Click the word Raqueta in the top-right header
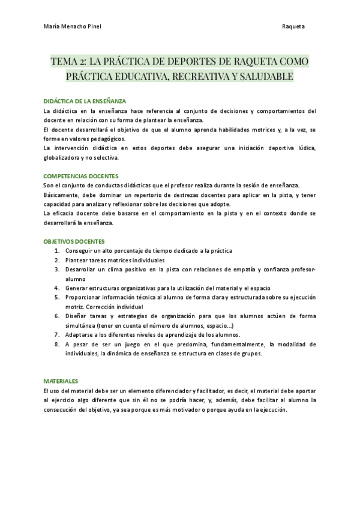(x=293, y=27)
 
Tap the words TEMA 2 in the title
(x=68, y=62)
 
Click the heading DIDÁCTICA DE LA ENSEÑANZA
(x=85, y=101)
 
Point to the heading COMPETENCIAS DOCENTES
(x=81, y=176)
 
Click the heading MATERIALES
(x=61, y=381)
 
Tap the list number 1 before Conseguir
(x=56, y=250)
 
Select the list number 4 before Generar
(x=56, y=288)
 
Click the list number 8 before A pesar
(x=56, y=344)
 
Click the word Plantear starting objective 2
(x=79, y=260)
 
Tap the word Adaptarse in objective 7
(x=82, y=334)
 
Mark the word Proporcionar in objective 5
(x=86, y=297)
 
